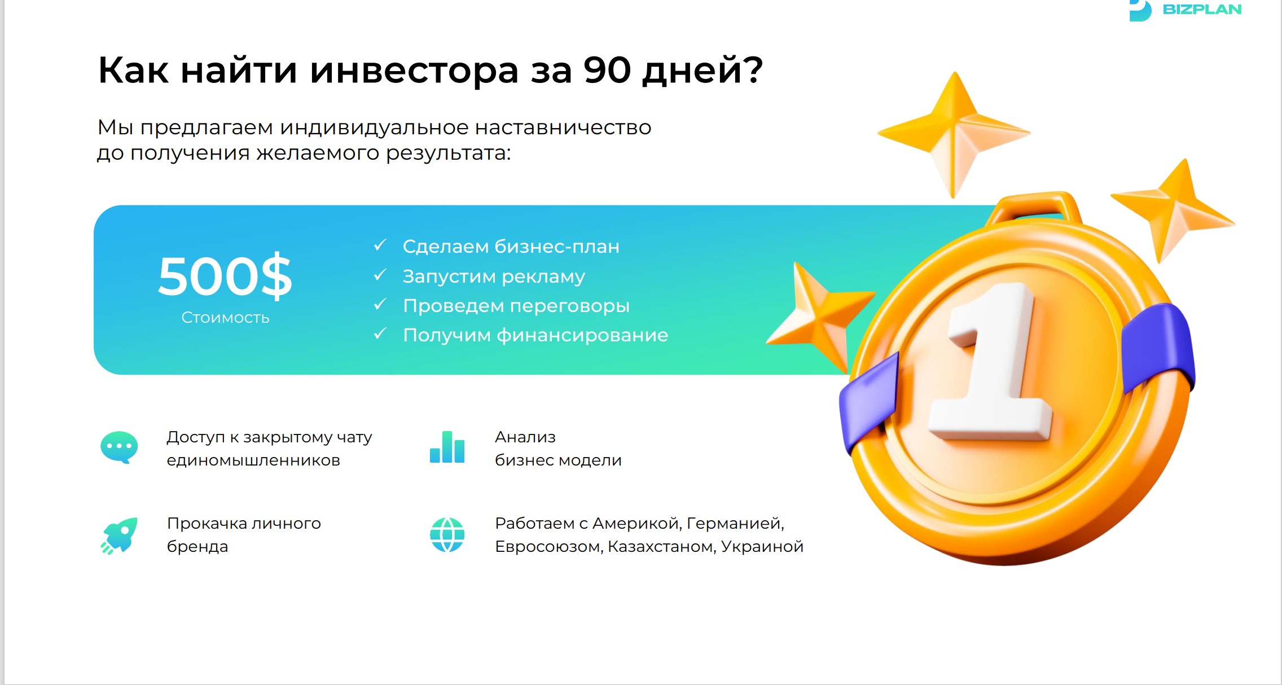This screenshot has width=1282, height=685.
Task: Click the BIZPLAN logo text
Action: pyautogui.click(x=1202, y=10)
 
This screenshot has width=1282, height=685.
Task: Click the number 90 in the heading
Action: pyautogui.click(x=607, y=71)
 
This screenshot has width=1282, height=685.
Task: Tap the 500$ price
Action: pyautogui.click(x=225, y=276)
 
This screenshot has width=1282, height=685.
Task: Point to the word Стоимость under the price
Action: pyautogui.click(x=225, y=318)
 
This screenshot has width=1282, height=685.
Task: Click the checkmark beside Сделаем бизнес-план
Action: pyautogui.click(x=380, y=245)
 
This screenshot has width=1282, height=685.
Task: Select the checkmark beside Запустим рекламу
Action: pyautogui.click(x=380, y=275)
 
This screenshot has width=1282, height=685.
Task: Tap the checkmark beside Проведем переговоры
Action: pyautogui.click(x=380, y=305)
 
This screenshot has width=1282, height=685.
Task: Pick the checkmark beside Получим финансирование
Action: pyautogui.click(x=380, y=334)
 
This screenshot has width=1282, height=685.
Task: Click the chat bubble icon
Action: pyautogui.click(x=118, y=447)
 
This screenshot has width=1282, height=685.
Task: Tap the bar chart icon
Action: pyautogui.click(x=447, y=447)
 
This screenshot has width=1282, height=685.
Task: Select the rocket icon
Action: pyautogui.click(x=119, y=535)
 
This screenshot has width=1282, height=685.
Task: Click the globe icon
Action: pyautogui.click(x=447, y=534)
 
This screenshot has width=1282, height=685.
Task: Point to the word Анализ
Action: pyautogui.click(x=525, y=437)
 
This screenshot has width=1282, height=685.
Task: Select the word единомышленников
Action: pyautogui.click(x=253, y=460)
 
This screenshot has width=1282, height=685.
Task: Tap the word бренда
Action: pyautogui.click(x=197, y=547)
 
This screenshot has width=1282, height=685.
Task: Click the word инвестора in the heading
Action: pyautogui.click(x=414, y=71)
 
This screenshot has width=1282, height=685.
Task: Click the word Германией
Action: pyautogui.click(x=735, y=524)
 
